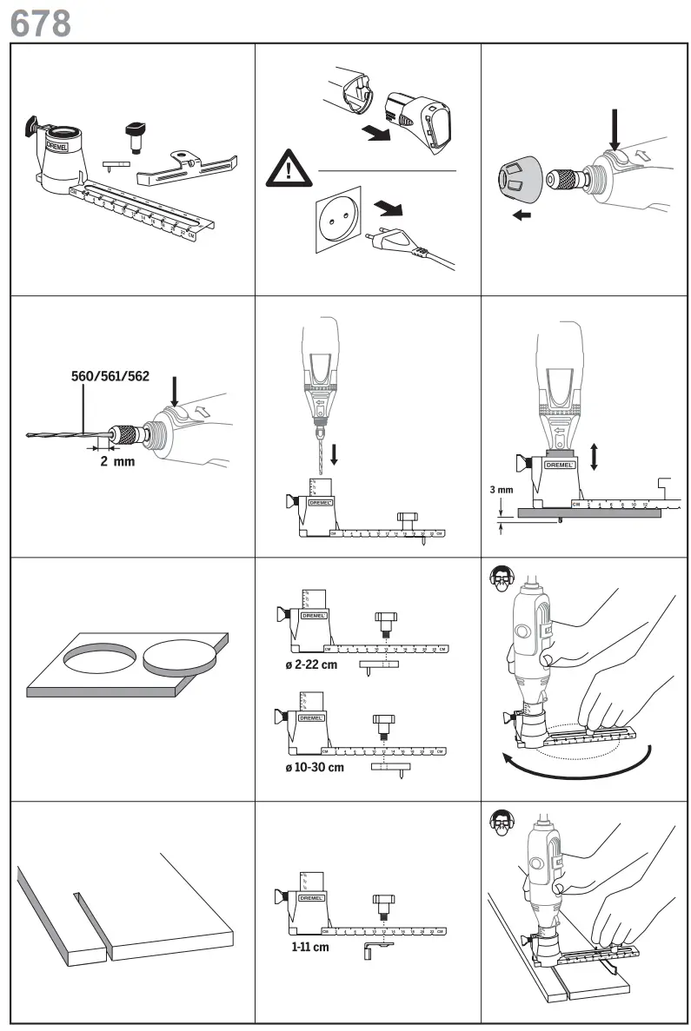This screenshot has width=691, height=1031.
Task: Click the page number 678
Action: [40, 23]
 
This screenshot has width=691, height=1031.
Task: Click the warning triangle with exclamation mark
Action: [289, 169]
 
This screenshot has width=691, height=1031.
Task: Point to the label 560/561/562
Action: [110, 377]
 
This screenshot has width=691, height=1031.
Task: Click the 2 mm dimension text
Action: [117, 461]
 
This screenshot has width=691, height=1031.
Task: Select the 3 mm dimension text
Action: [501, 490]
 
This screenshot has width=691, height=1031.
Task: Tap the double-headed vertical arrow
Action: [594, 454]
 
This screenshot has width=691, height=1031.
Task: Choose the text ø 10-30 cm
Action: [308, 768]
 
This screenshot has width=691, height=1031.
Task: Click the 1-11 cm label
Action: [310, 947]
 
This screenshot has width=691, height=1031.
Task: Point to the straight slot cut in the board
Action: [91, 921]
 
